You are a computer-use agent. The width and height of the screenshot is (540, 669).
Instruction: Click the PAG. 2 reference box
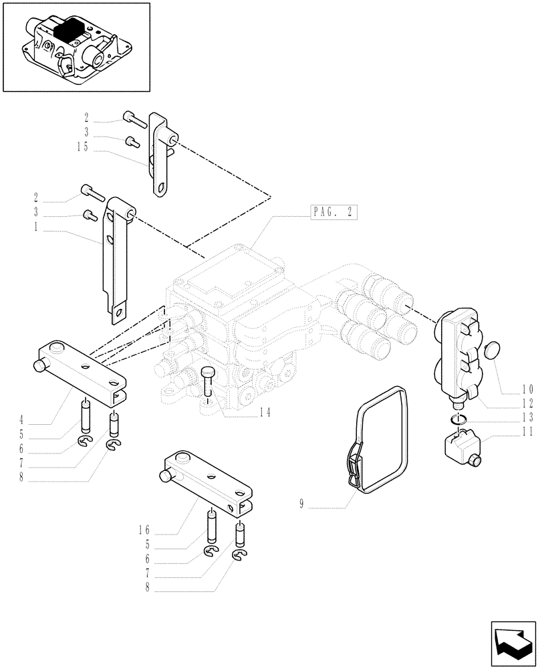click(333, 213)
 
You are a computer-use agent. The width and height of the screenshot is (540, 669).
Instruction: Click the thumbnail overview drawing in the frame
click(76, 47)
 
